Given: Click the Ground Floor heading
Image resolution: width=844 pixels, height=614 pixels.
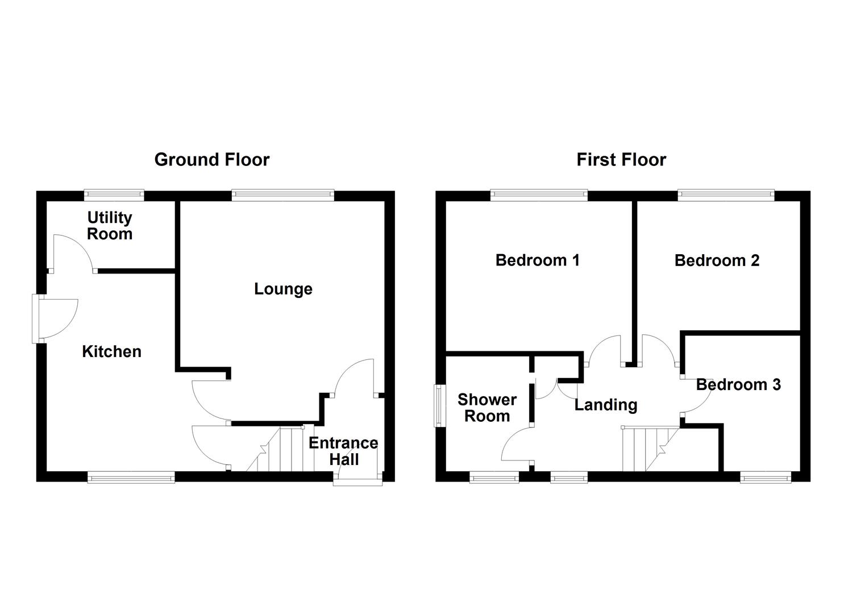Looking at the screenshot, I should point(211,160).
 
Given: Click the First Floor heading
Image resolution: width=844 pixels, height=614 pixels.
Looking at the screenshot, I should point(621,160).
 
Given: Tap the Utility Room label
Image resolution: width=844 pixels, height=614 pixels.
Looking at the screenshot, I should point(110,226).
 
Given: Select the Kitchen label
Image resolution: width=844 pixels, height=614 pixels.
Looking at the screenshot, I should point(111,351).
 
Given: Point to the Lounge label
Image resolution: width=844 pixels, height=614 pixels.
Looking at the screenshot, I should point(283,289).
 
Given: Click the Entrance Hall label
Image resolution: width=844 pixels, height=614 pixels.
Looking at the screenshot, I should point(343,451).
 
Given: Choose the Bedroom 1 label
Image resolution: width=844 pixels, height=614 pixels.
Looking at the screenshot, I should point(537,260).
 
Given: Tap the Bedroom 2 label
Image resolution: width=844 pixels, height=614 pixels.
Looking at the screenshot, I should point(717,260).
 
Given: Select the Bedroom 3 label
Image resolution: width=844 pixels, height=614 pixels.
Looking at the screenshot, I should point(738,385).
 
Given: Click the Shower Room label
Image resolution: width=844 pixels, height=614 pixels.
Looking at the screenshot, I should point(487,408).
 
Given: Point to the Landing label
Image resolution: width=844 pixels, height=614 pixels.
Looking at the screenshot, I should point(605,405).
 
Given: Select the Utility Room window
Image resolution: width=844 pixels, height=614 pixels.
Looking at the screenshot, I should point(114,195).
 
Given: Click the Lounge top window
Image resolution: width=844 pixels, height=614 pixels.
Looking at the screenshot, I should point(283,195).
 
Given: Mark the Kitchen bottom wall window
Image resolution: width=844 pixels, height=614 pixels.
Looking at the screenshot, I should point(131,478).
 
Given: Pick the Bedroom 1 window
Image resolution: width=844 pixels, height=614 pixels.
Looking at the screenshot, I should point(539,195).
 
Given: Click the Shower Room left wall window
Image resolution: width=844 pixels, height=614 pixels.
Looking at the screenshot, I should point(439,405).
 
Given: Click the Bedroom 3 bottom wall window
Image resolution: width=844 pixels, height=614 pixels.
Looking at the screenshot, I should point(766,478).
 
